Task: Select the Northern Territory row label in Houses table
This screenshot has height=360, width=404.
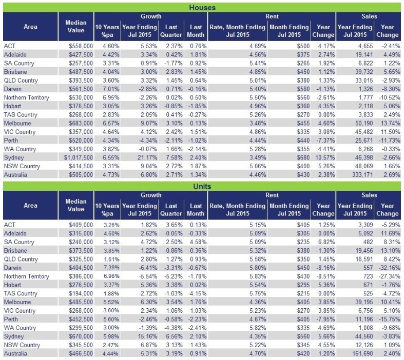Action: pos(27,97)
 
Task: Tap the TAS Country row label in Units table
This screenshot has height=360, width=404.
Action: pos(21,294)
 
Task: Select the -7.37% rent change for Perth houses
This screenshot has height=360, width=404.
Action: pos(324,141)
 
